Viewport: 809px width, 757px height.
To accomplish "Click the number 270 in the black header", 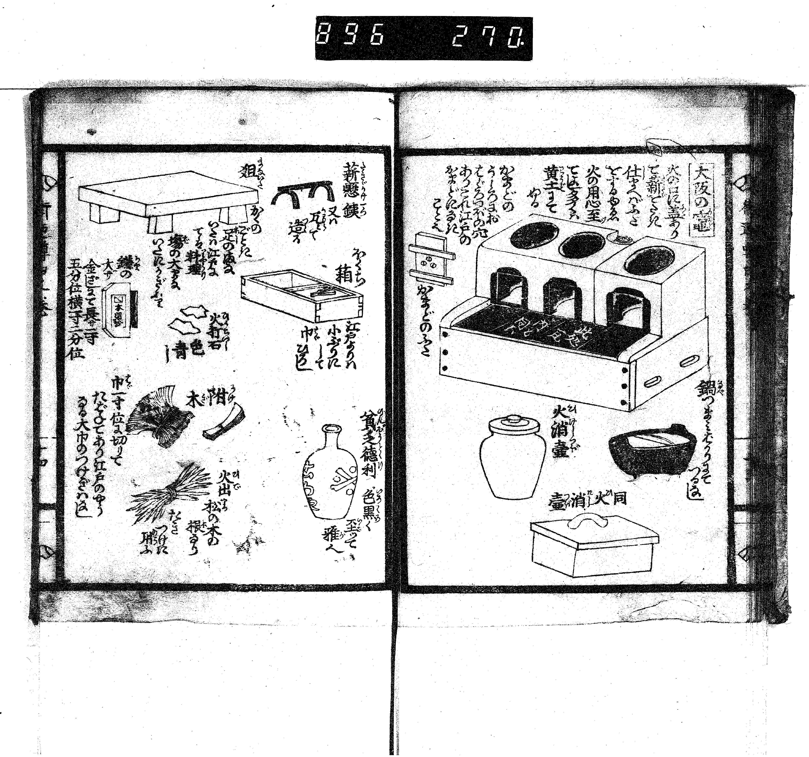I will (486, 38).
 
